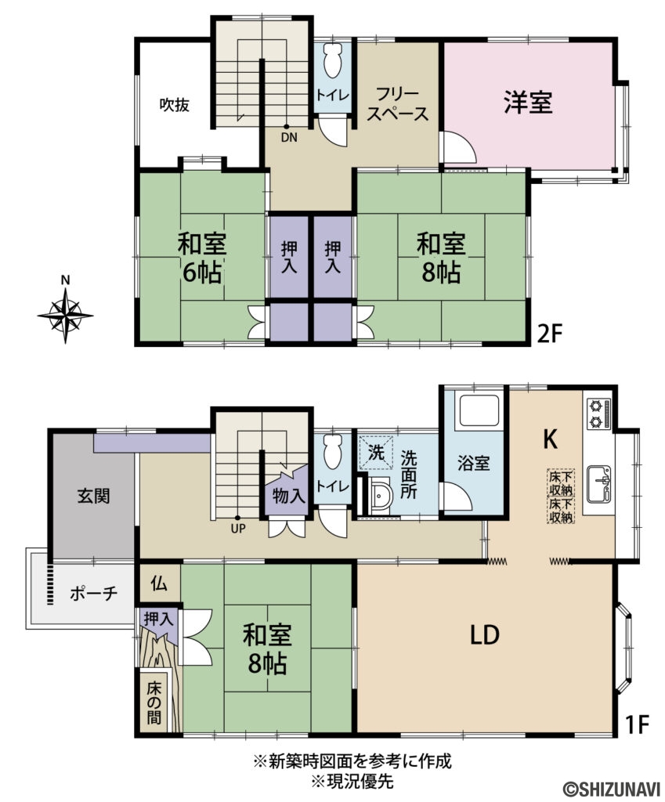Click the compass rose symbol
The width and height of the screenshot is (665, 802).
[x=66, y=314]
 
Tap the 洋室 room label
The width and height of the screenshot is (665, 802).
[x=527, y=103]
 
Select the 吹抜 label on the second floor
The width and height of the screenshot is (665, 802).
[x=175, y=105]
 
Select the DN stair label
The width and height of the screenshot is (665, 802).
[x=287, y=138]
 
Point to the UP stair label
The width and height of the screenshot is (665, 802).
[x=238, y=528]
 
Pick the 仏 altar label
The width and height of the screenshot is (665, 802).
[x=159, y=583]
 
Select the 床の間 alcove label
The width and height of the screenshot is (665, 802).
[x=154, y=703]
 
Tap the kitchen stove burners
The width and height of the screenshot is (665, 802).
[x=598, y=414]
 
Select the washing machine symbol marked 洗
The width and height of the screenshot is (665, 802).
[x=375, y=452]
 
